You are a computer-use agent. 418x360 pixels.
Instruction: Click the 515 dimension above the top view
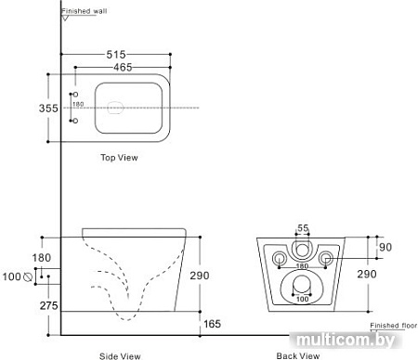tap(115, 55)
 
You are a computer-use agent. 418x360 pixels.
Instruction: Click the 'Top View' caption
tap(119, 158)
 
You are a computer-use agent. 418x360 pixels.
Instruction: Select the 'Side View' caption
tap(120, 354)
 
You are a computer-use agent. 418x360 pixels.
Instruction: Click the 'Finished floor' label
tap(394, 326)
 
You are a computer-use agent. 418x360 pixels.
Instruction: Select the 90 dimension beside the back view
tap(386, 246)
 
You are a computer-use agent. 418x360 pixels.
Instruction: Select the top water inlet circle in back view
tap(301, 248)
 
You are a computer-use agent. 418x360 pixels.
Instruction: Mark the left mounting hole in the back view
tap(279, 256)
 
